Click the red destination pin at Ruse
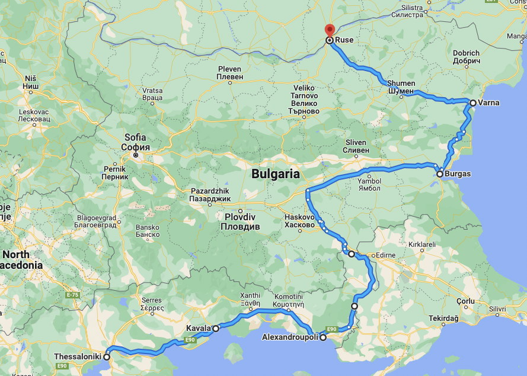pos(330,30)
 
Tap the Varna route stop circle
pos(472,103)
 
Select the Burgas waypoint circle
pos(440,174)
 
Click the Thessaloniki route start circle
pos(107,357)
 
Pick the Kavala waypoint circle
pos(216,328)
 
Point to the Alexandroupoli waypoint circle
pos(323,338)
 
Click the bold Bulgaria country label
pos(275,174)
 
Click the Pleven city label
pos(229,73)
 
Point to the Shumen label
pos(401,87)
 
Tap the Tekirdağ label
pos(444,319)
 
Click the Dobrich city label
pos(466,57)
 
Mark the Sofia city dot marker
pos(136,155)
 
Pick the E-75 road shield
pos(73,294)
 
